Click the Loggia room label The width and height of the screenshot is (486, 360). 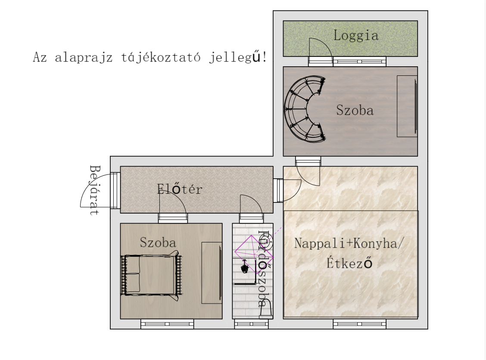point(356,35)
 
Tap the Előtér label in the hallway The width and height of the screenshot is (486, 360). point(180,189)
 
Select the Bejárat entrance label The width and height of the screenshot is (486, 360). point(95,190)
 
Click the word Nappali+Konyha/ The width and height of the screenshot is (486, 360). point(349,243)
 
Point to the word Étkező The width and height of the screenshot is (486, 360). point(349,263)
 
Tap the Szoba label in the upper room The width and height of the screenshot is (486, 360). point(355,110)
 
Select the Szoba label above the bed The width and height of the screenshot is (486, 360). point(158,242)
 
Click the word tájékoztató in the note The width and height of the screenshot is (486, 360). point(161,57)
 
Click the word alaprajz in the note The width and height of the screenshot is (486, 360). point(84,58)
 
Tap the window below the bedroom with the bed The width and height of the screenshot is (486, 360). point(167,324)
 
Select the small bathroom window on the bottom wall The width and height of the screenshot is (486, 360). point(251,324)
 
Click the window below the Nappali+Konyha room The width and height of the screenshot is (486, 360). point(360,324)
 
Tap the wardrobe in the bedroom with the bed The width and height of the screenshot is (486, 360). point(212,273)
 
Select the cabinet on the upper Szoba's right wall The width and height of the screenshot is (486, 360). point(407,106)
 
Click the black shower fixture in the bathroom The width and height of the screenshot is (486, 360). point(245,267)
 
